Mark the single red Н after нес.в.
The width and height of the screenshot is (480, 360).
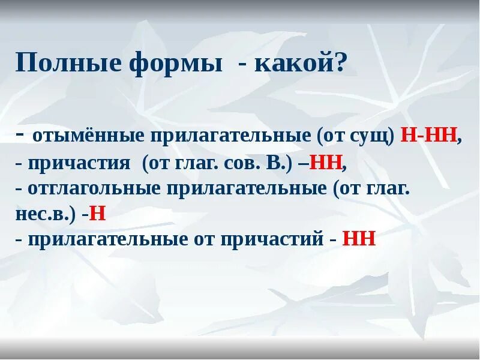[98, 214]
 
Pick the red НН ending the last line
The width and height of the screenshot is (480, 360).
[359, 239]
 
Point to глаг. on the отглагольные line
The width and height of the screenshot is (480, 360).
[388, 189]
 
